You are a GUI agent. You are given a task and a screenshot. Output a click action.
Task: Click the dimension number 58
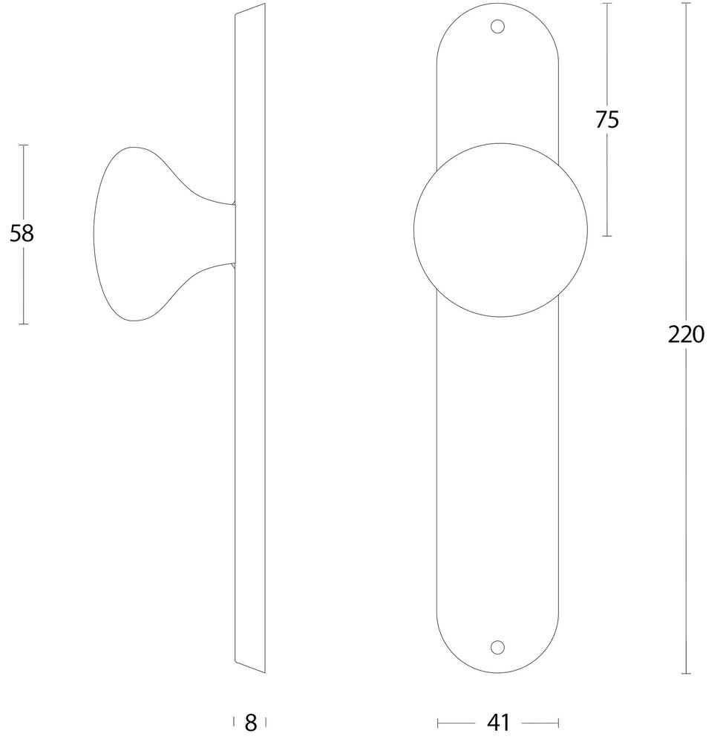pos(22,234)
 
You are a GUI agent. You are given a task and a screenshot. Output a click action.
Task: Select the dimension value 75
pos(606,119)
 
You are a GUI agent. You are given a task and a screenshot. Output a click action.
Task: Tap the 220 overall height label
pos(685,335)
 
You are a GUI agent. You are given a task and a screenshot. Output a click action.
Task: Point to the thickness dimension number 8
pos(250,722)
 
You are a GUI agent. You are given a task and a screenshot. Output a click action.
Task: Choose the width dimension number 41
pos(498,722)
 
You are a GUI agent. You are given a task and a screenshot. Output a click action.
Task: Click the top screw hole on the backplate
pos(498,28)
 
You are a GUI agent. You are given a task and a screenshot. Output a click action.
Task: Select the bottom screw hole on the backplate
pos(498,646)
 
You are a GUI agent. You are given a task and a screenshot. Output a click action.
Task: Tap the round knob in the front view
pos(500,229)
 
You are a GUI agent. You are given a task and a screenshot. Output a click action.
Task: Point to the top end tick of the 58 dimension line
pos(23,145)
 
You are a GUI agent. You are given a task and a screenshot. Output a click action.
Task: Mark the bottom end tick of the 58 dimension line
pos(23,324)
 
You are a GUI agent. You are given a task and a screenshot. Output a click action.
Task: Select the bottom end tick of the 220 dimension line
pos(686,674)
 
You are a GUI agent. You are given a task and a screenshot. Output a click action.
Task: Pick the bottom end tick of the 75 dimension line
pos(607,236)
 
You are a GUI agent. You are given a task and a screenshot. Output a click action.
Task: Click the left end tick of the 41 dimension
pos(438,722)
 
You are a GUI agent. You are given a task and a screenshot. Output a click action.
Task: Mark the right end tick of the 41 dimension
pos(559,722)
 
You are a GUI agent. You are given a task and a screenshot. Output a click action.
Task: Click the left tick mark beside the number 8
pos(235,722)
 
